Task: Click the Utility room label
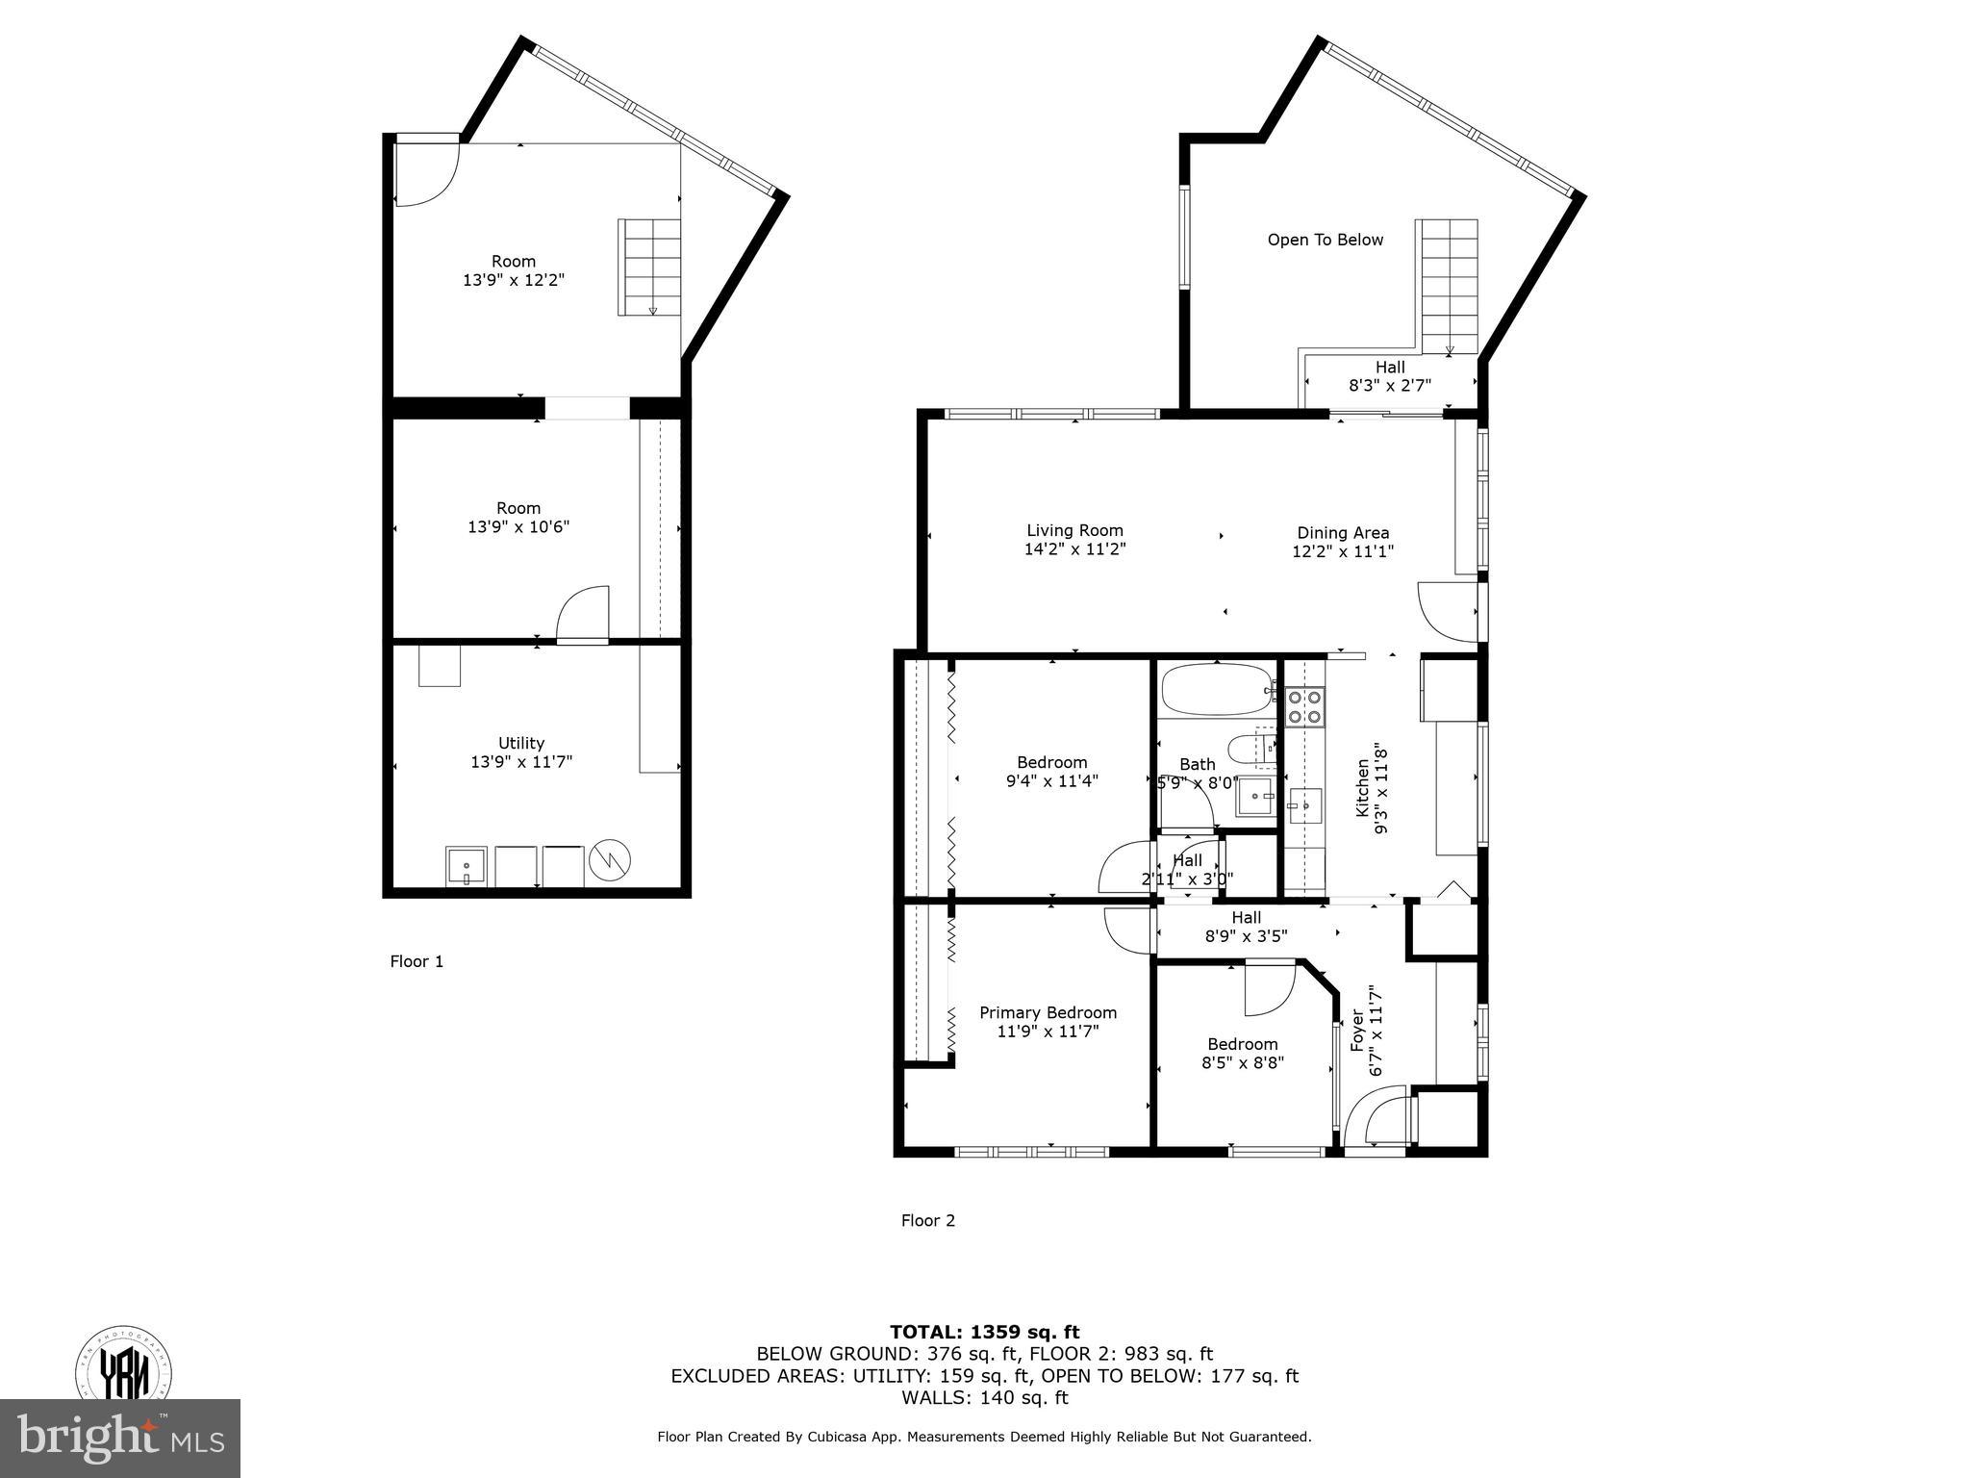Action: pos(521,743)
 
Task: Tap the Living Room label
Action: pos(1074,530)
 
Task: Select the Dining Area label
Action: pos(1343,532)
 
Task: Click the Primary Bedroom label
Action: pos(1048,1012)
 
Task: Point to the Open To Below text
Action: pos(1325,240)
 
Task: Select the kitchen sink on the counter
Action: pos(1305,806)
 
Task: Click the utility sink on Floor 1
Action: pos(467,866)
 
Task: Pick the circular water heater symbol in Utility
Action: pos(610,859)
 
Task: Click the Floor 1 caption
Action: pos(417,961)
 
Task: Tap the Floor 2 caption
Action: pos(928,1220)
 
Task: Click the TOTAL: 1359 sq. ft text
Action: pos(985,1332)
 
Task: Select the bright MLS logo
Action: pos(120,1439)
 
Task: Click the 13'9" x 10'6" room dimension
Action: pos(518,527)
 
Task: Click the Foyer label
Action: pos(1357,1030)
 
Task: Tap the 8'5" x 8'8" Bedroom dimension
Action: pos(1243,1062)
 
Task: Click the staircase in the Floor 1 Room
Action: pos(649,268)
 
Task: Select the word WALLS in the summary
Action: pos(936,1397)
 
